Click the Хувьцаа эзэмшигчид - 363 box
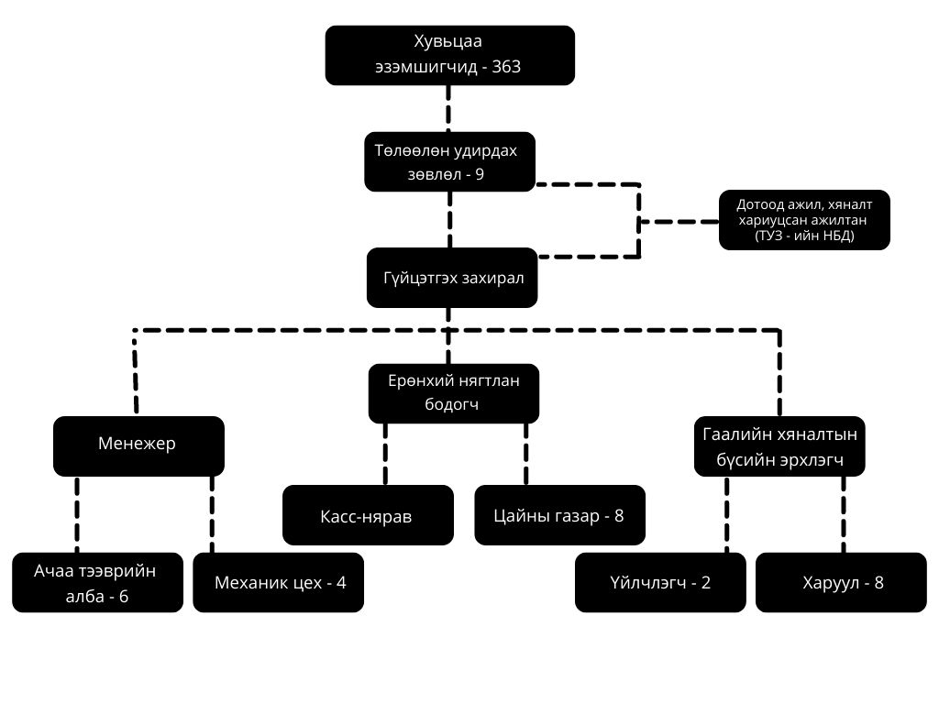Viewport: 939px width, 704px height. click(449, 55)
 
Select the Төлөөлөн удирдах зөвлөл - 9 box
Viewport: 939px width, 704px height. click(449, 161)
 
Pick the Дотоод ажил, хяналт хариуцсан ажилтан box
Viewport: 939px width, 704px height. click(804, 220)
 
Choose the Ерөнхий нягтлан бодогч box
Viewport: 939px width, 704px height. click(453, 393)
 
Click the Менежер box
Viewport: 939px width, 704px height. click(138, 445)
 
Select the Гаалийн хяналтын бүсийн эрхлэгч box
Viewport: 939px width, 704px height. click(779, 446)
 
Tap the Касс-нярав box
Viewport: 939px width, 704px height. click(368, 515)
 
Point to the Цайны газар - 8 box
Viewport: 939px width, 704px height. click(560, 515)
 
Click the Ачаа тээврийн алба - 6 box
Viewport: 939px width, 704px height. click(97, 582)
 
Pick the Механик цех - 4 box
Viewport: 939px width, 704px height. click(278, 582)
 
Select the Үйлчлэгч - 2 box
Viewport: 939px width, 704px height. click(660, 582)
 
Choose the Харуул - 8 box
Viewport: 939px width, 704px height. click(841, 582)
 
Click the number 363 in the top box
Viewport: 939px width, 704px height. click(506, 68)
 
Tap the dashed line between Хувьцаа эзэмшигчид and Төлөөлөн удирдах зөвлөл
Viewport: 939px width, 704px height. click(449, 108)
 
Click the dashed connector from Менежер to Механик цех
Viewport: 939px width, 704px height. click(212, 513)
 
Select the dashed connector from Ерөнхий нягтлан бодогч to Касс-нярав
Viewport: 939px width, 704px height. click(385, 454)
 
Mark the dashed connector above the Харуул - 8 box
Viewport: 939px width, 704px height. click(842, 513)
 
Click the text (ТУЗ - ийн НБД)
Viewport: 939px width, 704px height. click(804, 236)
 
